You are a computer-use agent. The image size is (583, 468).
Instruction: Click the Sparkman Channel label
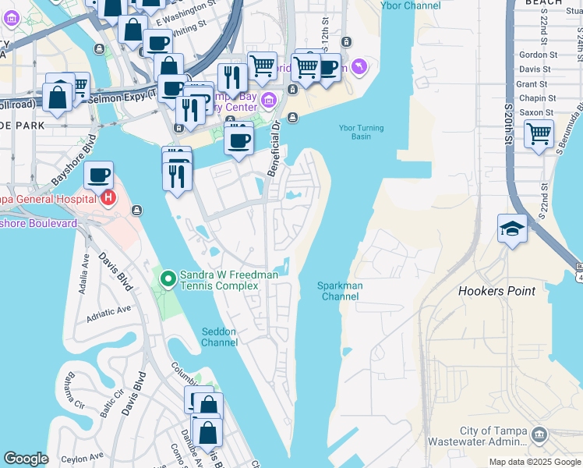340,291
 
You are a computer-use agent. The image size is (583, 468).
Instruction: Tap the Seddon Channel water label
219,337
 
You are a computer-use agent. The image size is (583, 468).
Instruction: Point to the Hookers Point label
496,291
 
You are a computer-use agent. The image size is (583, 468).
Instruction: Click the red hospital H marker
108,198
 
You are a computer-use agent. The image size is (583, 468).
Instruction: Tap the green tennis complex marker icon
168,278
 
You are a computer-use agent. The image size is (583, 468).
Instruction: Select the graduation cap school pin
511,229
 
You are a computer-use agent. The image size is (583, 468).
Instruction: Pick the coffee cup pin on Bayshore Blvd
98,175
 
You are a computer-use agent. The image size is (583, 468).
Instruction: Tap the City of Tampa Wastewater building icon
539,434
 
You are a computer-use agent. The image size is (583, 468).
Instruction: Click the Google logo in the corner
26,459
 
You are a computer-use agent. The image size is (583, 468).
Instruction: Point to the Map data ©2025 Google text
535,462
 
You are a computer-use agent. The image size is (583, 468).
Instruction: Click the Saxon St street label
538,112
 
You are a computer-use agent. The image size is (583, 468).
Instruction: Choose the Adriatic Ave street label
109,311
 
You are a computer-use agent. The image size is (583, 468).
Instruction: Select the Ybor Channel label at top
410,5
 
